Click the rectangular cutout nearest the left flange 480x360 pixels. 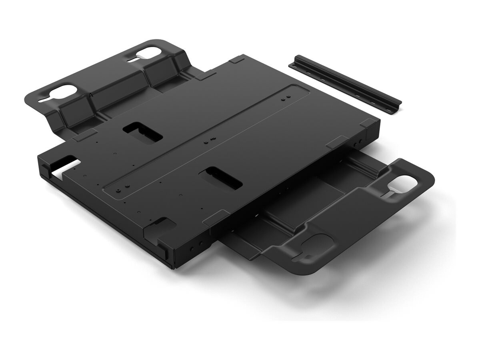click(x=142, y=132)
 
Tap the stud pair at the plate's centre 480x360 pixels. click(x=209, y=140)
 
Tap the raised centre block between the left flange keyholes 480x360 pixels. click(x=106, y=95)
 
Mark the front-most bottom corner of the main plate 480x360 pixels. click(x=173, y=267)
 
